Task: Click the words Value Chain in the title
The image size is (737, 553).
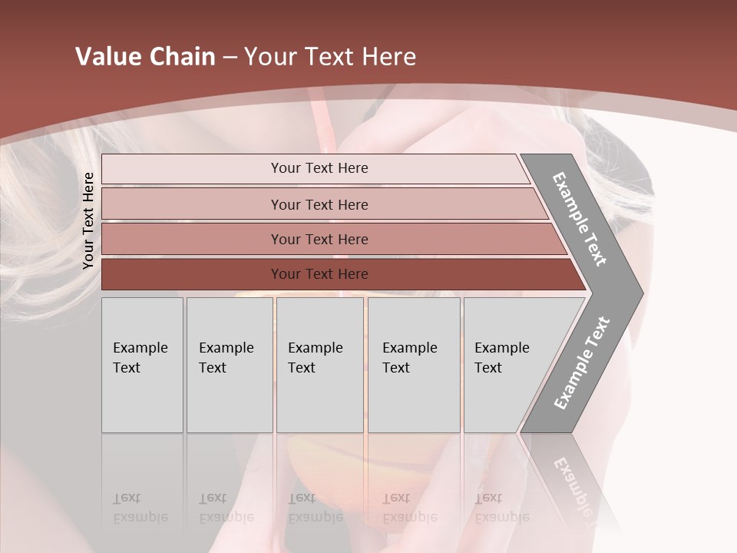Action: click(145, 57)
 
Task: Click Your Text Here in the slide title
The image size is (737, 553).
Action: click(330, 57)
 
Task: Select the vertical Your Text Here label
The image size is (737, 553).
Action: click(88, 220)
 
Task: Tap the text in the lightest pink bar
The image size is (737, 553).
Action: click(319, 168)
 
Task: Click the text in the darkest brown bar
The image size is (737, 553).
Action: click(319, 274)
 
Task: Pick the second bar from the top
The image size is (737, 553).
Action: click(319, 204)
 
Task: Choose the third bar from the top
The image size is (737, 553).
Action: click(319, 239)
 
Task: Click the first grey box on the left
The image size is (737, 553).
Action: click(142, 365)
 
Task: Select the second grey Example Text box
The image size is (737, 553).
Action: click(229, 365)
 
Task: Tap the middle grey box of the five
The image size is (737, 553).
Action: click(319, 365)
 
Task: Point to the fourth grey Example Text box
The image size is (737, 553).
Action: click(413, 365)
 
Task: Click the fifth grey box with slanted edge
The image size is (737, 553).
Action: click(507, 365)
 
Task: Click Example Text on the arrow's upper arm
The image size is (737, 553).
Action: click(580, 219)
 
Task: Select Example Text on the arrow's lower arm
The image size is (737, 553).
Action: click(582, 363)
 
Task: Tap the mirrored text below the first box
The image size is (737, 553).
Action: click(140, 508)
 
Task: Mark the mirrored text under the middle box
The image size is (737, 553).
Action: click(316, 508)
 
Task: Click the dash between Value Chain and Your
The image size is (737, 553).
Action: click(230, 58)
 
